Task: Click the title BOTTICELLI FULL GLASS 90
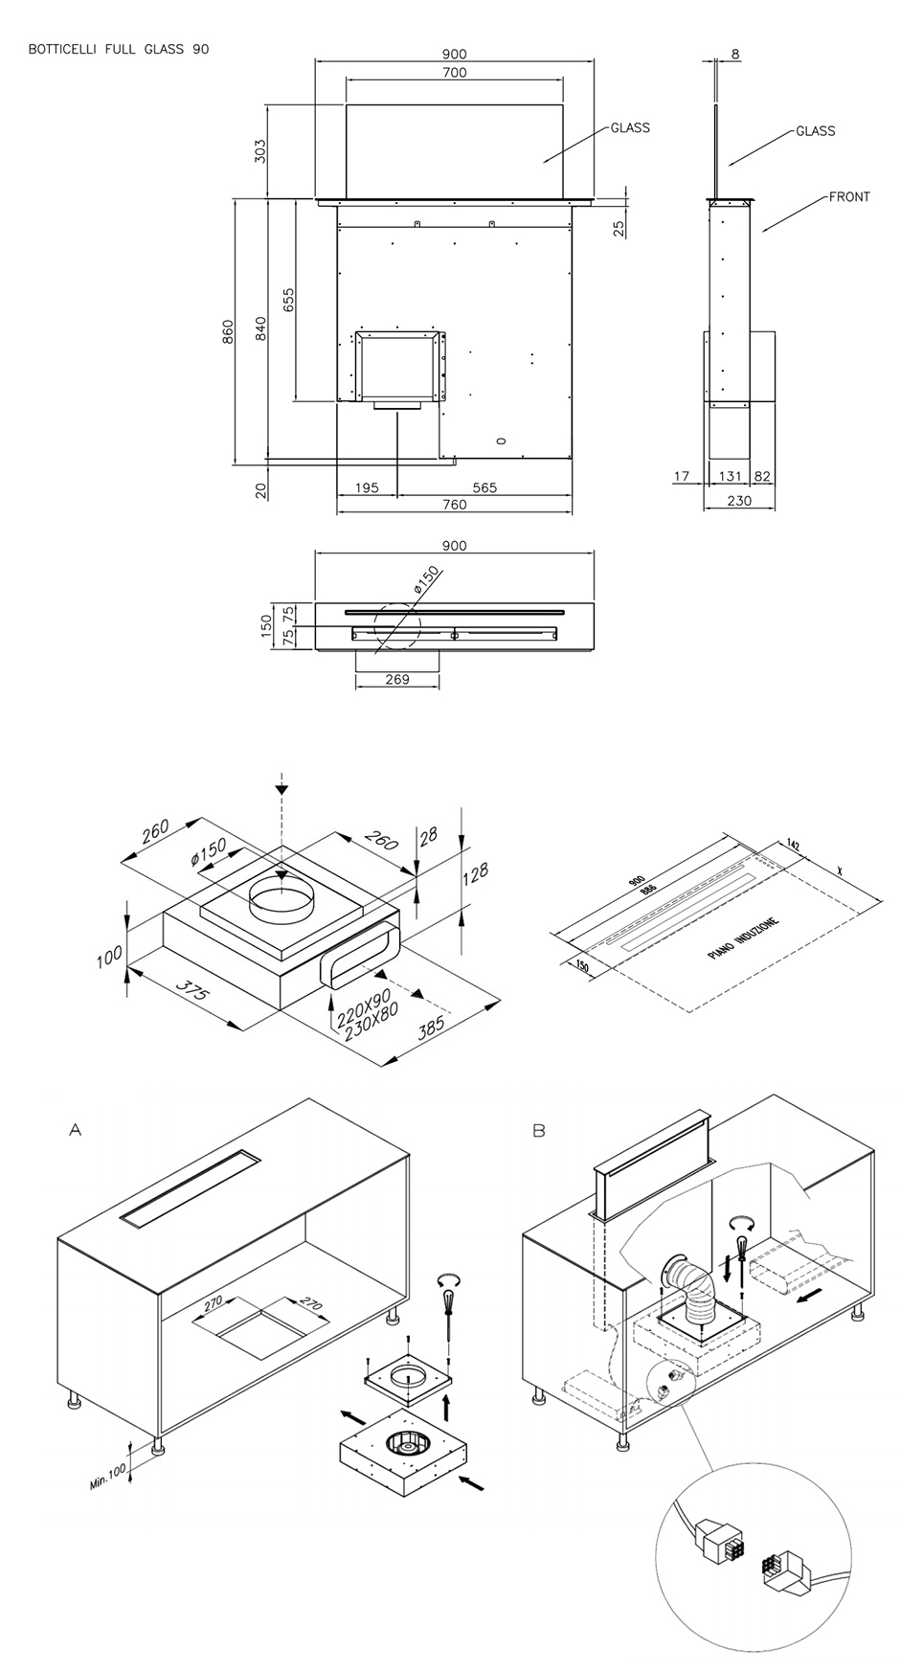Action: [119, 49]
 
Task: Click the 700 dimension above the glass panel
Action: [455, 73]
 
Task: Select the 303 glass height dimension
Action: [259, 150]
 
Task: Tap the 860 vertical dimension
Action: [228, 331]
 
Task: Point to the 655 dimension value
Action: [289, 300]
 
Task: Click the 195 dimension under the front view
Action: [367, 487]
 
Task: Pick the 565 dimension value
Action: [484, 487]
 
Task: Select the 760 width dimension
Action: [455, 505]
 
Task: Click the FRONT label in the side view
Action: [849, 197]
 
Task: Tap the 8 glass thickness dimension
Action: [735, 55]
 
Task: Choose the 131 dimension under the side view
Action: [731, 476]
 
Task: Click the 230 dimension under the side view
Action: [739, 500]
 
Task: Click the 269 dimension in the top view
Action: [396, 680]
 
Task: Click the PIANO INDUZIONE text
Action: [744, 939]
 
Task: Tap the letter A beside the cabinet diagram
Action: [76, 1130]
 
